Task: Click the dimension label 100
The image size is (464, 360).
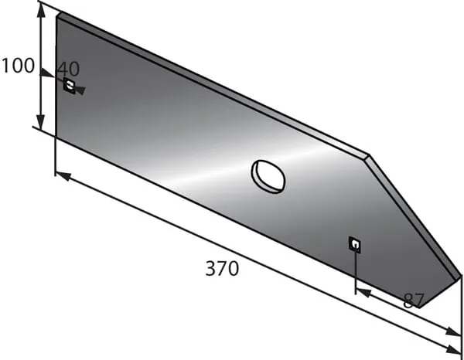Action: (x=18, y=66)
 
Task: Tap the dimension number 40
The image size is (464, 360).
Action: (x=68, y=69)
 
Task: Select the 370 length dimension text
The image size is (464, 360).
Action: (x=222, y=268)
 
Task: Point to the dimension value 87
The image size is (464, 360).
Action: (x=414, y=301)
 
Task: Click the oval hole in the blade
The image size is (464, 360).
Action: (x=268, y=176)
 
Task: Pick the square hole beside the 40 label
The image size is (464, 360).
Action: (x=70, y=86)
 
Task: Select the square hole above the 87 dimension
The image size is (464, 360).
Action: (x=355, y=245)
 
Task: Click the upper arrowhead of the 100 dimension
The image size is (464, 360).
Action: (x=42, y=12)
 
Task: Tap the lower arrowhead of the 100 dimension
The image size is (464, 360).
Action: (x=41, y=122)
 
